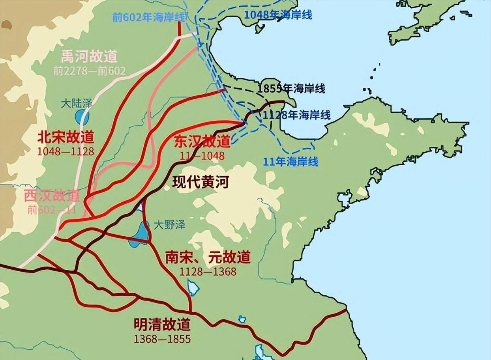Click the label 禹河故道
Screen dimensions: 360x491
coord(89,57)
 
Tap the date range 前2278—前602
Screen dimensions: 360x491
coord(89,71)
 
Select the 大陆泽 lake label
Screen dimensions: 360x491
coord(77,104)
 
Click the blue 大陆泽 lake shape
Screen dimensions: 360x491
coord(82,117)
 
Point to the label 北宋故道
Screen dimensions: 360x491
coord(66,138)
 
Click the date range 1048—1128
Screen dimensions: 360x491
coord(66,151)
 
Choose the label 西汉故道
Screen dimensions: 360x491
coord(52,196)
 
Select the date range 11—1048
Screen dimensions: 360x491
coord(202,155)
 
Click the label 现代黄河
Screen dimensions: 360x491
coord(201,183)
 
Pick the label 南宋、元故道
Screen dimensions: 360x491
coord(208,257)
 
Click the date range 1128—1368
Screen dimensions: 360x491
coord(208,271)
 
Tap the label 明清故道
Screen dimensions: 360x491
coord(162,325)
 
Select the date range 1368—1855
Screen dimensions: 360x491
coord(162,339)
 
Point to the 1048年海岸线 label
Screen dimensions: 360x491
coord(278,15)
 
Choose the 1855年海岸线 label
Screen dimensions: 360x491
coord(292,89)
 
